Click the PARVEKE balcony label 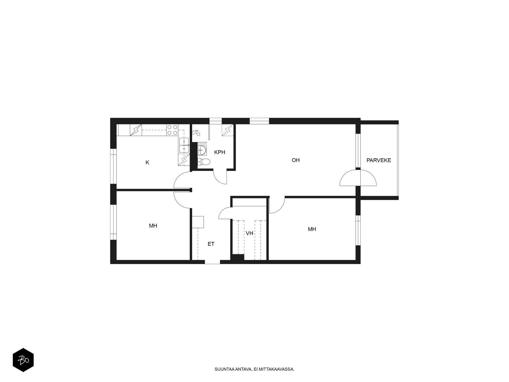[x=379, y=160]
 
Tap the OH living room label [x=296, y=160]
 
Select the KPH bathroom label [x=220, y=152]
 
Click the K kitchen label [x=147, y=163]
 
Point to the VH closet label [x=249, y=233]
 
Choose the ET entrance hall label [x=211, y=244]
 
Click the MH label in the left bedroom [x=153, y=226]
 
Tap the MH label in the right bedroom [x=312, y=229]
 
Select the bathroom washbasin [x=202, y=150]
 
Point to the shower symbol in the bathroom [x=196, y=133]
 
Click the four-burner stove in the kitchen [x=172, y=130]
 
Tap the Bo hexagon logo [x=23, y=360]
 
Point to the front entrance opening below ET [x=212, y=262]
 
